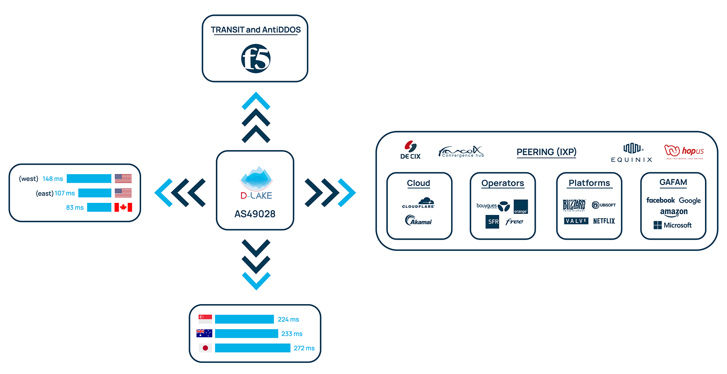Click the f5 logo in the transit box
tap(256, 59)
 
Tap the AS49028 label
tap(255, 214)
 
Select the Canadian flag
tap(123, 207)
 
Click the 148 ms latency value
tap(53, 179)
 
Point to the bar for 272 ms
tap(253, 348)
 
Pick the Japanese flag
tap(205, 348)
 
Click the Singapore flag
tap(205, 319)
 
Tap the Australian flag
tap(204, 333)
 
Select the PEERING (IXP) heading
tap(546, 152)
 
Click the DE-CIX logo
tap(410, 150)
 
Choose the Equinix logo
tap(632, 153)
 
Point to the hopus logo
tap(684, 151)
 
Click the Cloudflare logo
tap(418, 203)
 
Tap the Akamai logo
tap(418, 221)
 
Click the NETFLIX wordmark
tap(604, 221)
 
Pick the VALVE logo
tap(576, 221)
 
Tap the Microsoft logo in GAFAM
tap(672, 225)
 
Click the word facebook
tap(660, 201)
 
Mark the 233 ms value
tap(292, 334)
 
